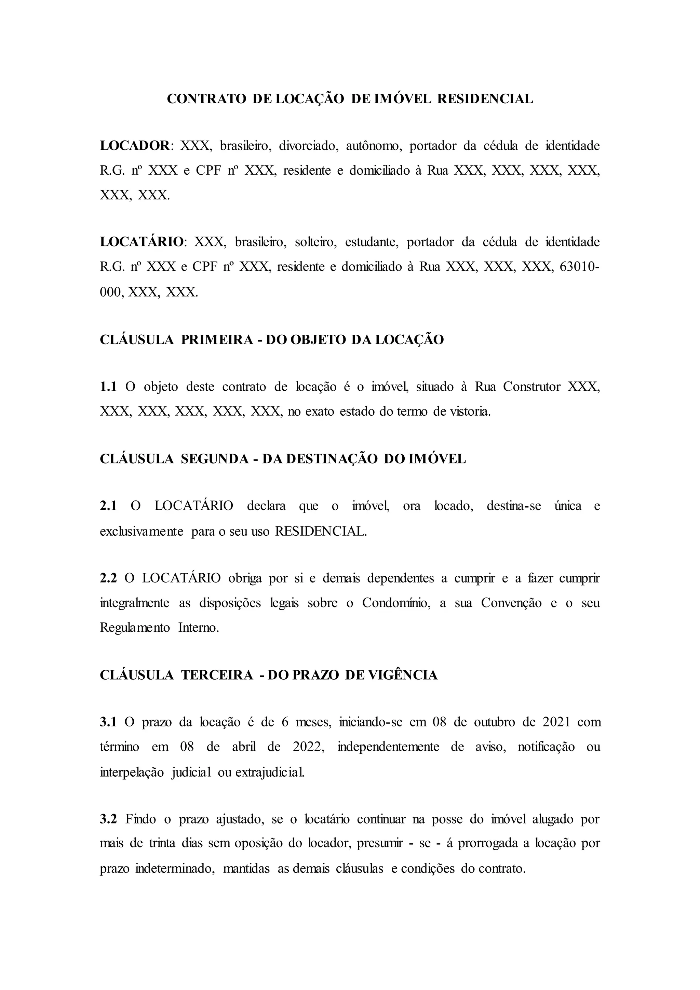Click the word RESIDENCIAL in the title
[485, 99]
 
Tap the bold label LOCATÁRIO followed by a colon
[142, 242]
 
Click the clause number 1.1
[108, 387]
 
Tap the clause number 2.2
[108, 578]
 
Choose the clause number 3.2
[108, 819]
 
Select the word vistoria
[470, 411]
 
